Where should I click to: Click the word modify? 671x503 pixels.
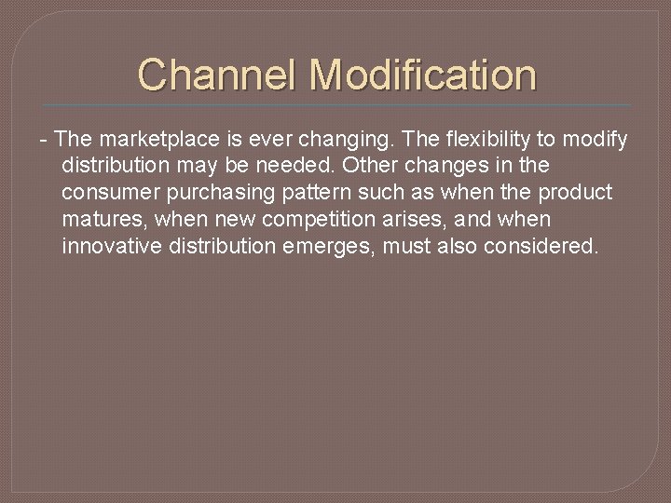click(x=596, y=140)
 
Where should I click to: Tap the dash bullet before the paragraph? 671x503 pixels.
click(x=43, y=140)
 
